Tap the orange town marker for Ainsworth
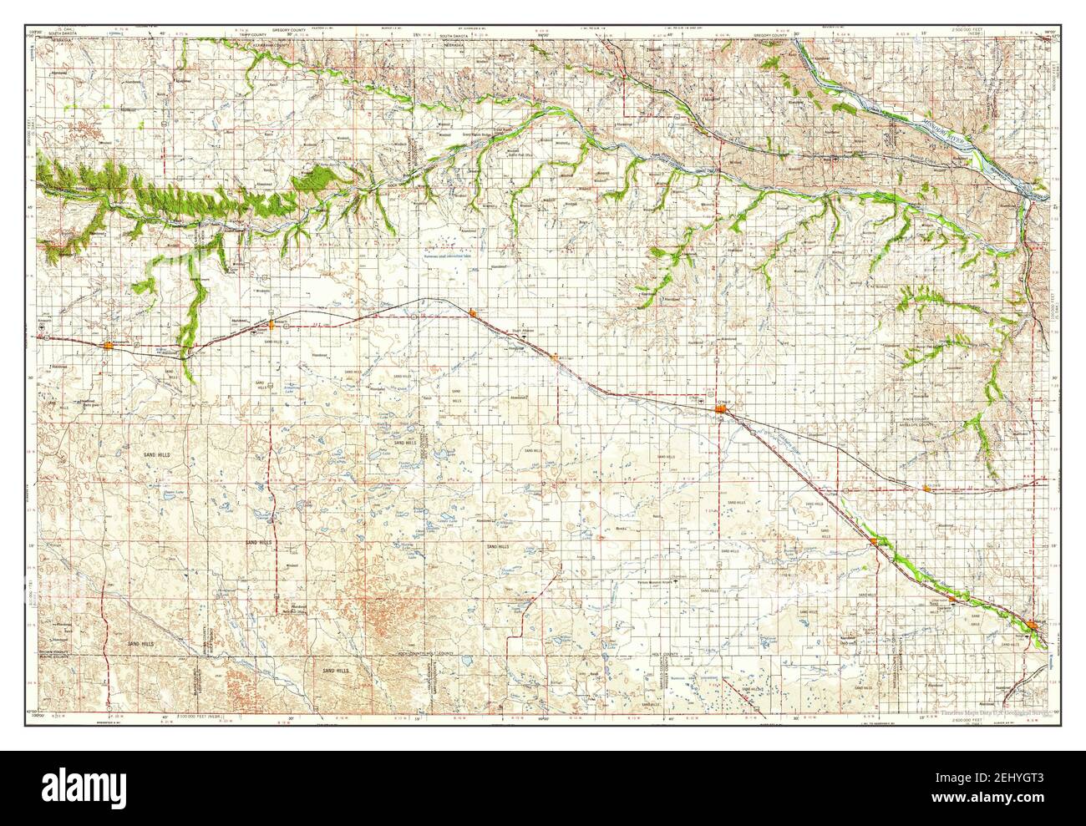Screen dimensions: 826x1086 click(109, 344)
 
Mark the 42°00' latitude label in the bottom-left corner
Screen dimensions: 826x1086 click(37, 715)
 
